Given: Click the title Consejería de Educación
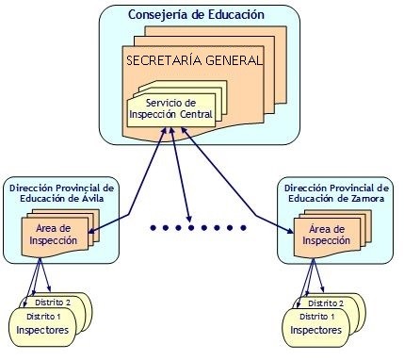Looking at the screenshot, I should tap(196, 16).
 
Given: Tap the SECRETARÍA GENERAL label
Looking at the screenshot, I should tap(194, 59).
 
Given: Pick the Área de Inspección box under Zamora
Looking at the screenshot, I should tap(326, 236).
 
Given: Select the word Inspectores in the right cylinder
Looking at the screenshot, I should tap(312, 331).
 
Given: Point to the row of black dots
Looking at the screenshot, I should tap(197, 227).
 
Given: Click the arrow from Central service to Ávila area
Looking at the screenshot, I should tap(132, 180).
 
